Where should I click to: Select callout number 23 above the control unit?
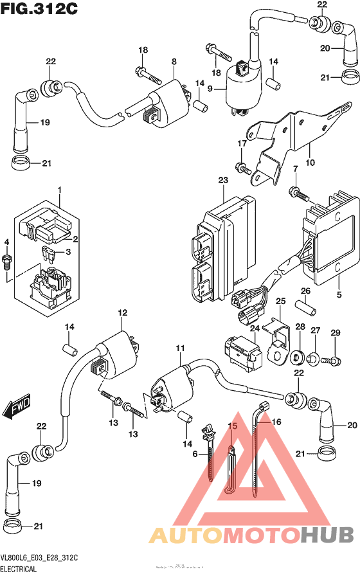[x=222, y=181]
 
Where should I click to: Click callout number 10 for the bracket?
[x=310, y=163]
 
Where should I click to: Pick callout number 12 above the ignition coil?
[x=120, y=312]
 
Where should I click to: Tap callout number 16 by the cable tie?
[x=277, y=422]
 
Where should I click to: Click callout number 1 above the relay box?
[x=59, y=190]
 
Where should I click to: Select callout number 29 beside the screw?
[x=334, y=332]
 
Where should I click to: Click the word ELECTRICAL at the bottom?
[x=19, y=570]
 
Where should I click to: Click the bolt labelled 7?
[x=296, y=192]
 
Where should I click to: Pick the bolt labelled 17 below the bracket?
[x=242, y=168]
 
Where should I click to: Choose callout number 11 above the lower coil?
[x=180, y=348]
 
